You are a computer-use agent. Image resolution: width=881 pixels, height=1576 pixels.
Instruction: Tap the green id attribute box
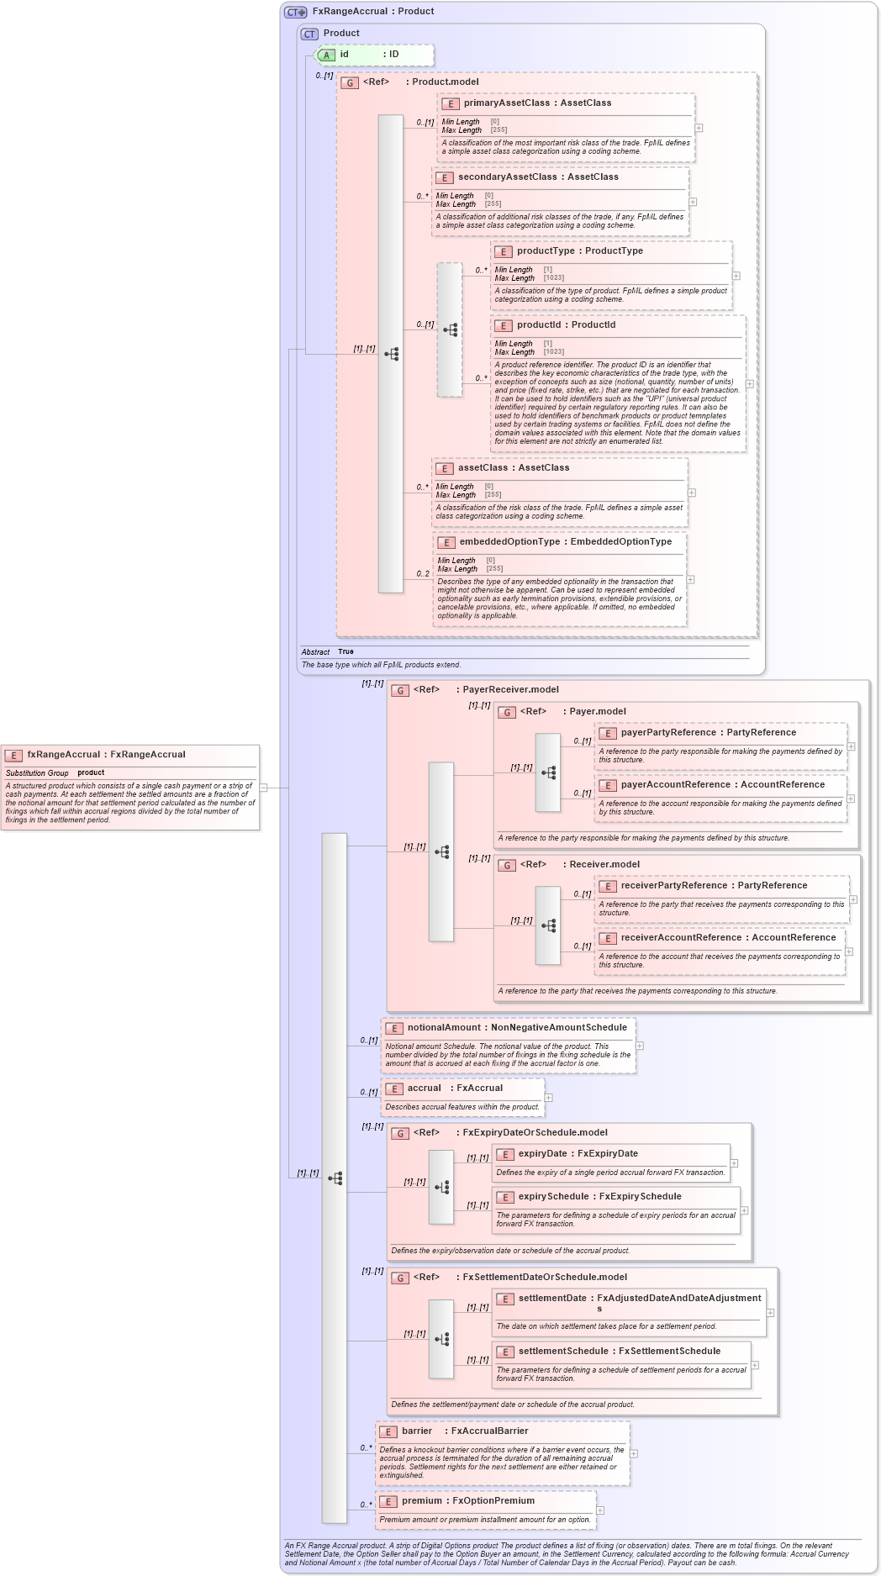[x=375, y=55]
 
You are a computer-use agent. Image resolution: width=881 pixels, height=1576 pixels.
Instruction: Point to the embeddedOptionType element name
[x=509, y=542]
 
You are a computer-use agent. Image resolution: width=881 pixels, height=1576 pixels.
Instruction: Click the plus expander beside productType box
[x=736, y=276]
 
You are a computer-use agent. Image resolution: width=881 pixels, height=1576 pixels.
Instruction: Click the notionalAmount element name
[x=444, y=1028]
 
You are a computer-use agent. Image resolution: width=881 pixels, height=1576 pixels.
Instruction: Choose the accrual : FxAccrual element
[x=455, y=1088]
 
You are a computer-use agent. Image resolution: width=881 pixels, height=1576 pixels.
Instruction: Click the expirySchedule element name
[x=553, y=1197]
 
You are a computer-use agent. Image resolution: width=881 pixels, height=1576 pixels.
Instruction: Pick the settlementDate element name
[x=552, y=1299]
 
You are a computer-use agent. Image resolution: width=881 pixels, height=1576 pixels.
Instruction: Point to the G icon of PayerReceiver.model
[x=400, y=691]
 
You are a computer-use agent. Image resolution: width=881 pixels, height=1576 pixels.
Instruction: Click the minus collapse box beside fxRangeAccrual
[x=263, y=788]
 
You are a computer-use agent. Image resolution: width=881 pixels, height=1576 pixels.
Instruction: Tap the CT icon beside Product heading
[x=309, y=34]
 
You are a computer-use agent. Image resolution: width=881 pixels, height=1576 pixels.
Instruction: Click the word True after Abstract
[x=346, y=651]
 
